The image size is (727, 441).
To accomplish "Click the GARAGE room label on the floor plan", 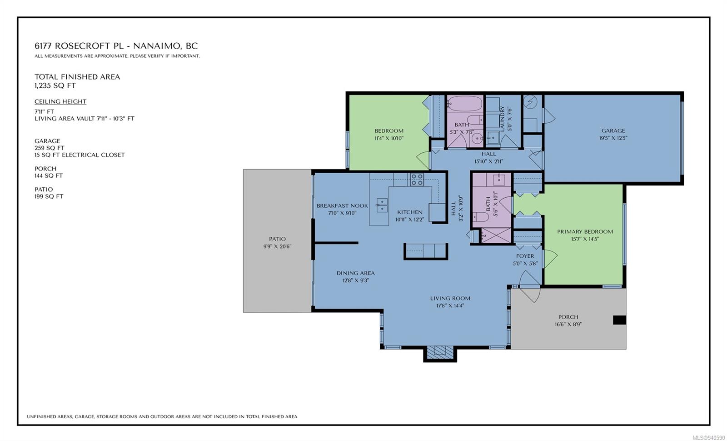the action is click(613, 130).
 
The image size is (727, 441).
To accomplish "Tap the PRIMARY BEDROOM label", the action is click(585, 231).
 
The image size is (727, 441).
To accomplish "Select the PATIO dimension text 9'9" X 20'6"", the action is click(277, 246).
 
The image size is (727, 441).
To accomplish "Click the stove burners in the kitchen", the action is click(417, 179).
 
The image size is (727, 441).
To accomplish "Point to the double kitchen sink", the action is click(382, 205).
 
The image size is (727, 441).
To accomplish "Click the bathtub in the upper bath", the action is click(465, 104).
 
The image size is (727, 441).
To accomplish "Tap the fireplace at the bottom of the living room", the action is click(440, 352).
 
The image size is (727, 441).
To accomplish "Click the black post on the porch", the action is click(619, 320).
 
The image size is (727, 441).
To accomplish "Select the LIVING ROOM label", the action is click(450, 298).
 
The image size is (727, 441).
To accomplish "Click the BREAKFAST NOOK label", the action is click(342, 205).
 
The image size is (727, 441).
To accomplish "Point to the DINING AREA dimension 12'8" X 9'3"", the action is click(355, 280).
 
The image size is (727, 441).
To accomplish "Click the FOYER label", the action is click(525, 256).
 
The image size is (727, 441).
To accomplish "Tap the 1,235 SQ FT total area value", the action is click(55, 86).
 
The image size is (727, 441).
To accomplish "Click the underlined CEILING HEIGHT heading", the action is click(60, 101).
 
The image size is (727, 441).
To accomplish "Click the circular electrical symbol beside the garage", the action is click(530, 102).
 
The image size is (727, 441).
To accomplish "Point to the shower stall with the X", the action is click(496, 236).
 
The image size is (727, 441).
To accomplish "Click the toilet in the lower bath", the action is click(481, 216).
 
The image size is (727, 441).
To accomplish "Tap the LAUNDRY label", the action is click(503, 119).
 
